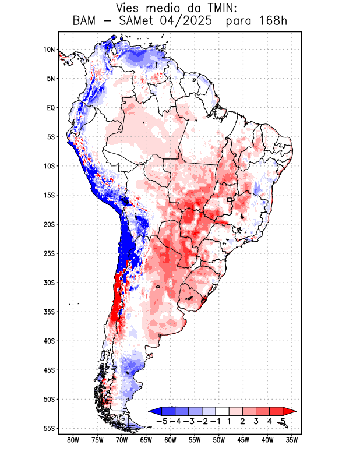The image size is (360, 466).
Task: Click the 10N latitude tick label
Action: (x=49, y=50)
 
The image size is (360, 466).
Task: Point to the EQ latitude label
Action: (x=50, y=108)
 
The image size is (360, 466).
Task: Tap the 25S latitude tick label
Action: (x=49, y=253)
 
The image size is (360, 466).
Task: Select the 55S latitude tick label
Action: (x=49, y=429)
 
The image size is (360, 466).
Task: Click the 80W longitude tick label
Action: (x=73, y=440)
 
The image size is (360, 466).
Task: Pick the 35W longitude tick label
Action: (x=292, y=440)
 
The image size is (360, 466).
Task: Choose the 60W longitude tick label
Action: (x=170, y=440)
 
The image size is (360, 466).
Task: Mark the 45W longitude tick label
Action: (x=243, y=440)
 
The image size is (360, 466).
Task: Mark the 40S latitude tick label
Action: (x=49, y=341)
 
